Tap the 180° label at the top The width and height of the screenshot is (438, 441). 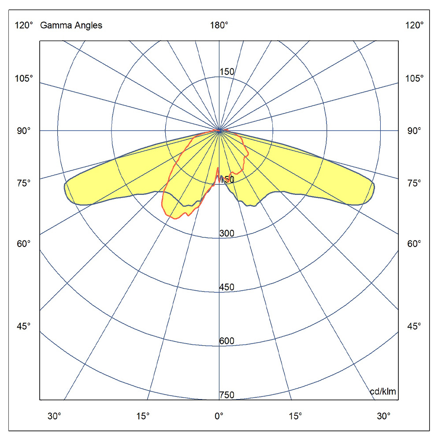(219, 26)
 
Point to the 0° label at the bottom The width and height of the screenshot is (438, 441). (219, 416)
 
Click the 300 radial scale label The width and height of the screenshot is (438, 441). (227, 233)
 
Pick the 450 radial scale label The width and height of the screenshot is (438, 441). (227, 288)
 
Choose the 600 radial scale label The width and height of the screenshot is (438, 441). (227, 341)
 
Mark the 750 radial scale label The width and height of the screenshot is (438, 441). (227, 395)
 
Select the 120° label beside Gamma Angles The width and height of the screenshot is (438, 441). (24, 26)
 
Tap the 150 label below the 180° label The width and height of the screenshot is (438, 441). (227, 72)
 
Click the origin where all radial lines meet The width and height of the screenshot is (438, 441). (219, 131)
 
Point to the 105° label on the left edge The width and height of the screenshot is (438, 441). (24, 78)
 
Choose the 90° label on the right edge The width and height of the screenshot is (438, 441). (414, 131)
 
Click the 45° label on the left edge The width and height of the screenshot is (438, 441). (24, 326)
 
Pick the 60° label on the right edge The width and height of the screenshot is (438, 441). (414, 243)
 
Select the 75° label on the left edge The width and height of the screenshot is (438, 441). (24, 183)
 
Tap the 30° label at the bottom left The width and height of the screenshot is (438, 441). (55, 416)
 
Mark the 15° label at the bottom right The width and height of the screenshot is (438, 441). (295, 416)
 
